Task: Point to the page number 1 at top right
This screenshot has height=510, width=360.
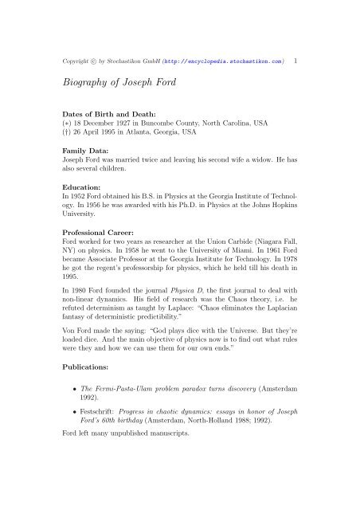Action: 296,60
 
